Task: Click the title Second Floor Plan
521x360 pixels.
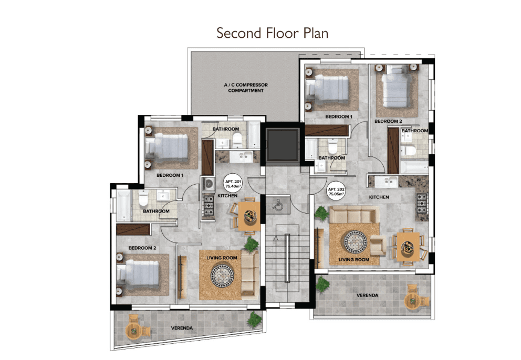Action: click(273, 33)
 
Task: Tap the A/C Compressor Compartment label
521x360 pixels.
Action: click(246, 88)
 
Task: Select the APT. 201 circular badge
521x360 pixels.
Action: click(233, 184)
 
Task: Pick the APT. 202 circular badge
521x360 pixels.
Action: click(336, 192)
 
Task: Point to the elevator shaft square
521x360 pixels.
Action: click(283, 145)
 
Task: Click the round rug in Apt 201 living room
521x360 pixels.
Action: click(222, 276)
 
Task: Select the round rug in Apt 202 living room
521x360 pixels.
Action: click(355, 242)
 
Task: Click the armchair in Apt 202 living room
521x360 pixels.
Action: click(378, 246)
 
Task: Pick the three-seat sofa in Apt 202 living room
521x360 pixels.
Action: click(354, 214)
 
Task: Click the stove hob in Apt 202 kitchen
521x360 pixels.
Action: click(422, 204)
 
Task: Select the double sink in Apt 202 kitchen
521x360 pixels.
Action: click(386, 182)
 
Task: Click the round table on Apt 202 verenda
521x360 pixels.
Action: click(412, 301)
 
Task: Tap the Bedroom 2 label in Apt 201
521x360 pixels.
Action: click(142, 248)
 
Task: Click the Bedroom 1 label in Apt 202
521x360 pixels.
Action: click(339, 117)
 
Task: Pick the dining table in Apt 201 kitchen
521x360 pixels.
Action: click(249, 216)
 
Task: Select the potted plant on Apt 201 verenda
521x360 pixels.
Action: click(255, 319)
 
